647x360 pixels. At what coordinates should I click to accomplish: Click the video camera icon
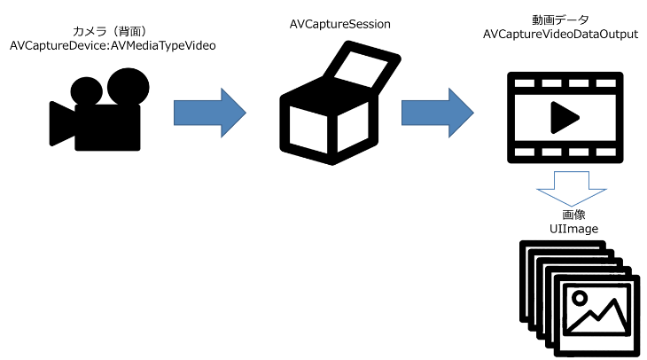pyautogui.click(x=97, y=111)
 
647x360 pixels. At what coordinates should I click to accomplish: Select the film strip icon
pyautogui.click(x=560, y=116)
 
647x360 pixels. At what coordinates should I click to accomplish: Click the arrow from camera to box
pyautogui.click(x=210, y=112)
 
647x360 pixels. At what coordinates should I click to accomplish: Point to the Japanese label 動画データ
pyautogui.click(x=560, y=20)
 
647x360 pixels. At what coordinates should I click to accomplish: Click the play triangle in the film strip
pyautogui.click(x=561, y=116)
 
